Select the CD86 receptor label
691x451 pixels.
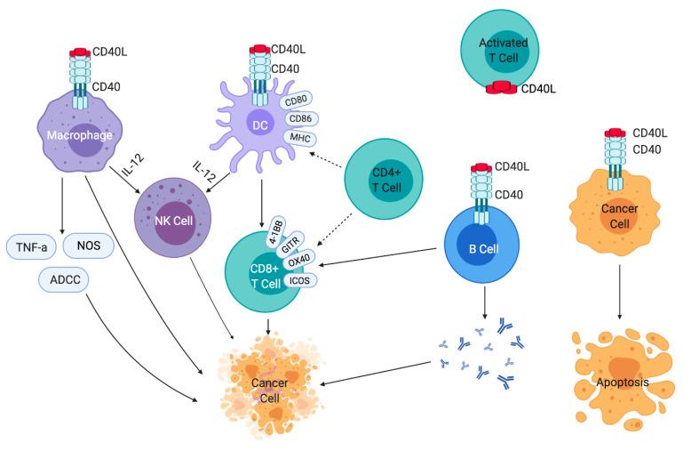[302, 118]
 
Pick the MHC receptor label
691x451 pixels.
[298, 137]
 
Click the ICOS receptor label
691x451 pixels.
[298, 278]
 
